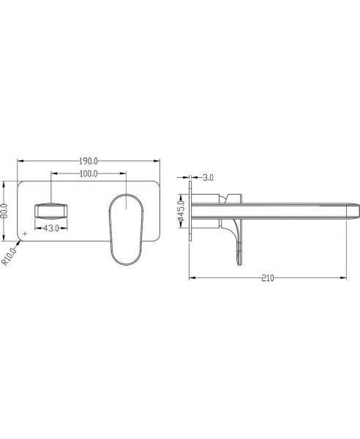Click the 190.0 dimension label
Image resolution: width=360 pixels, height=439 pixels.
tap(89, 161)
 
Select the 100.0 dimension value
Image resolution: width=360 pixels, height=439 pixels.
tap(89, 174)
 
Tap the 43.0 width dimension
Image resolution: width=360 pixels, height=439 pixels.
tap(51, 228)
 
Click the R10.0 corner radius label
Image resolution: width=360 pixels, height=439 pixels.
tap(10, 256)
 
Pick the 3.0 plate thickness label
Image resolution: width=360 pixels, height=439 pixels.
tap(208, 178)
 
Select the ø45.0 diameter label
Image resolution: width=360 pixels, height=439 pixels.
tap(181, 211)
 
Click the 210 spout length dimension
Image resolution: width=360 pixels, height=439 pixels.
tap(268, 278)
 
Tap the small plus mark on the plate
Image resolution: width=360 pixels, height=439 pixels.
tap(25, 233)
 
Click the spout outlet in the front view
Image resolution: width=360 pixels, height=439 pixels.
tap(50, 211)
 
